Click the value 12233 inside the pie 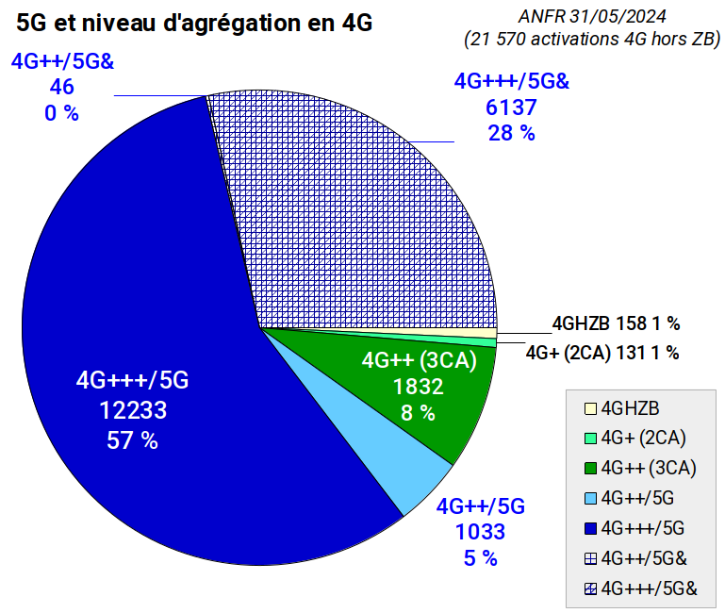click(x=133, y=410)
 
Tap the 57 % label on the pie click(x=133, y=440)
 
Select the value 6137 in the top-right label click(x=512, y=107)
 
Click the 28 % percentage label click(x=512, y=133)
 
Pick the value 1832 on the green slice click(x=418, y=386)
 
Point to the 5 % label click(x=480, y=558)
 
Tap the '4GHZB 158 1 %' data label click(x=616, y=323)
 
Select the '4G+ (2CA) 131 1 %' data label click(x=602, y=353)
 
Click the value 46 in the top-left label click(x=62, y=88)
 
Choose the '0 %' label click(x=62, y=114)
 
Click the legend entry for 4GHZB click(x=629, y=408)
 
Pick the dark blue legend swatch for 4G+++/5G click(x=590, y=527)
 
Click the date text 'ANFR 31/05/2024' click(x=591, y=17)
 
